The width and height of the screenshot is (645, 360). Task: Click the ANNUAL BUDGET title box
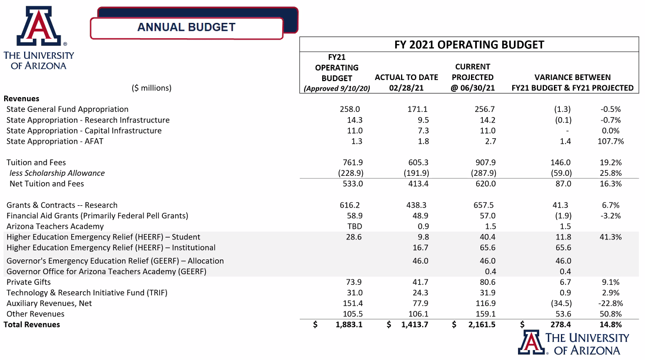point(186,28)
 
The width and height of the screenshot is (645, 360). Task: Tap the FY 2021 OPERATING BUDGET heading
point(469,45)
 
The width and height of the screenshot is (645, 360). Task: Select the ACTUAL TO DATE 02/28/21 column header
point(406,82)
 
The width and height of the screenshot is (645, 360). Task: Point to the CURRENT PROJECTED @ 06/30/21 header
point(473,77)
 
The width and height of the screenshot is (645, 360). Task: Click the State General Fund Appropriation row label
point(67,109)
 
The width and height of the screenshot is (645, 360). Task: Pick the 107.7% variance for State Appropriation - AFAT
point(610,141)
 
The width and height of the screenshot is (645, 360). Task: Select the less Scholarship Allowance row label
point(57,173)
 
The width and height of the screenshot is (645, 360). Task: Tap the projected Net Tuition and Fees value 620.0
point(486,184)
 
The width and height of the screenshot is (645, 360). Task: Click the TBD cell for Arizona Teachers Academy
point(355,226)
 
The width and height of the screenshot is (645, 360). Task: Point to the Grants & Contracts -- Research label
point(62,205)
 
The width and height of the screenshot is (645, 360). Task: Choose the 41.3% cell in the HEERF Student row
point(610,237)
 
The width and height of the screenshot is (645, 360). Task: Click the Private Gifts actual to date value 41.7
point(420,282)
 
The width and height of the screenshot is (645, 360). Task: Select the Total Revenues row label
point(32,325)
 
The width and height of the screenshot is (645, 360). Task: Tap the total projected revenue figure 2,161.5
point(482,325)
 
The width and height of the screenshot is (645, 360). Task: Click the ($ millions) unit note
point(151,88)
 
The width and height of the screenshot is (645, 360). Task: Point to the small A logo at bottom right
point(531,342)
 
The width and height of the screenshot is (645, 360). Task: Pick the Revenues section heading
point(21,99)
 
